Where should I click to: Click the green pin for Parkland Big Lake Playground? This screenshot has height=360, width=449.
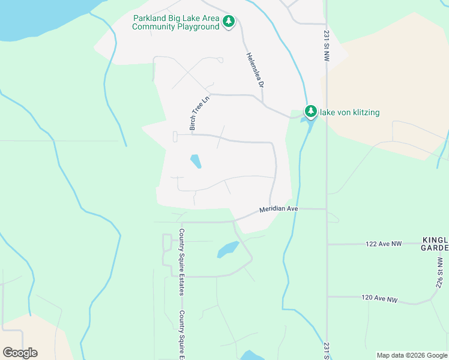tap(228, 22)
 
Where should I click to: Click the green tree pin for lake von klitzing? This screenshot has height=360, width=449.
tap(310, 111)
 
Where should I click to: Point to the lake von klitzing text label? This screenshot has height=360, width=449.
tap(350, 112)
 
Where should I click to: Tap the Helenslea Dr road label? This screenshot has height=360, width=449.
tap(255, 70)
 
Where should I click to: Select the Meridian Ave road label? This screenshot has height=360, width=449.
tap(279, 209)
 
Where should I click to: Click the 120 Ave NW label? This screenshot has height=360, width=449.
tap(379, 298)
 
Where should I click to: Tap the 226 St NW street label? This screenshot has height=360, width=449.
tap(441, 273)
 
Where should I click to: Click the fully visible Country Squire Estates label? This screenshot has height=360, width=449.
tap(181, 262)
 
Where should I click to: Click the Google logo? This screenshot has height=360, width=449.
tap(20, 353)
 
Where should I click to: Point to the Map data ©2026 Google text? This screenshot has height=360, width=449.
tap(412, 355)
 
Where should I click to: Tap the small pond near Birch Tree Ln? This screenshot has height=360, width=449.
tap(196, 161)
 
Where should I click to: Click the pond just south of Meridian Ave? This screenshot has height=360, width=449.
tap(228, 248)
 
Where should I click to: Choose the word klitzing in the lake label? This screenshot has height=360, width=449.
tap(363, 112)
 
